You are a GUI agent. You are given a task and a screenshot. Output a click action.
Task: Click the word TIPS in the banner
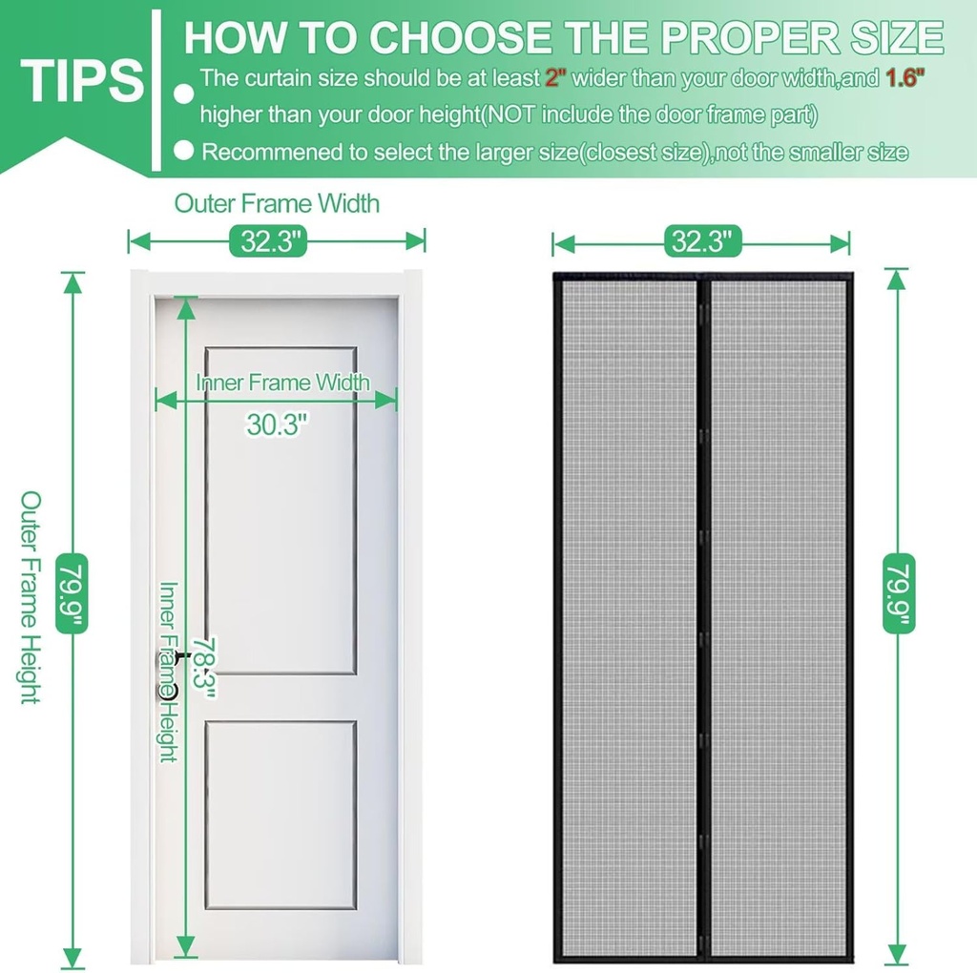pyautogui.click(x=81, y=81)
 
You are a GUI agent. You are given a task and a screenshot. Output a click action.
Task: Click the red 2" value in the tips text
pyautogui.click(x=554, y=78)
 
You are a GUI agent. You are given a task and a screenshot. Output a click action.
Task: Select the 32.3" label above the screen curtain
pyautogui.click(x=704, y=241)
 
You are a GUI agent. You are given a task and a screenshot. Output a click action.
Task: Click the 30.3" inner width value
pyautogui.click(x=278, y=424)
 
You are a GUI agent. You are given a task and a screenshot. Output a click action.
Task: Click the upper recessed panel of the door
pyautogui.click(x=281, y=510)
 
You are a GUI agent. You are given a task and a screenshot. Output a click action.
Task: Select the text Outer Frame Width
pyautogui.click(x=277, y=203)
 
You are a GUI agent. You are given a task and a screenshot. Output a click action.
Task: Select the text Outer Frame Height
pyautogui.click(x=31, y=597)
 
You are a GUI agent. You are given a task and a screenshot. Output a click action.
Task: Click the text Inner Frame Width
pyautogui.click(x=282, y=383)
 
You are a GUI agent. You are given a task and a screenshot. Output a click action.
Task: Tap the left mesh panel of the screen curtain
pyautogui.click(x=628, y=611)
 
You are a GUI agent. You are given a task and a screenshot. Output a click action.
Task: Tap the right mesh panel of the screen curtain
pyautogui.click(x=779, y=611)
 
